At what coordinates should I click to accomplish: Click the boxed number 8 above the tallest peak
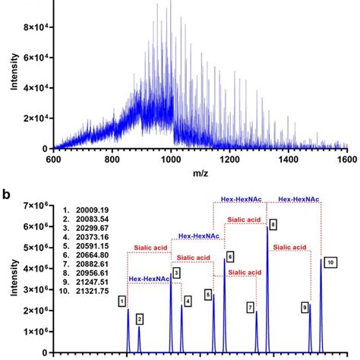click(273, 224)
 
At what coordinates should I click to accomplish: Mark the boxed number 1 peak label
click(122, 302)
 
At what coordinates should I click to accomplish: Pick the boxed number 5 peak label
click(207, 294)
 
